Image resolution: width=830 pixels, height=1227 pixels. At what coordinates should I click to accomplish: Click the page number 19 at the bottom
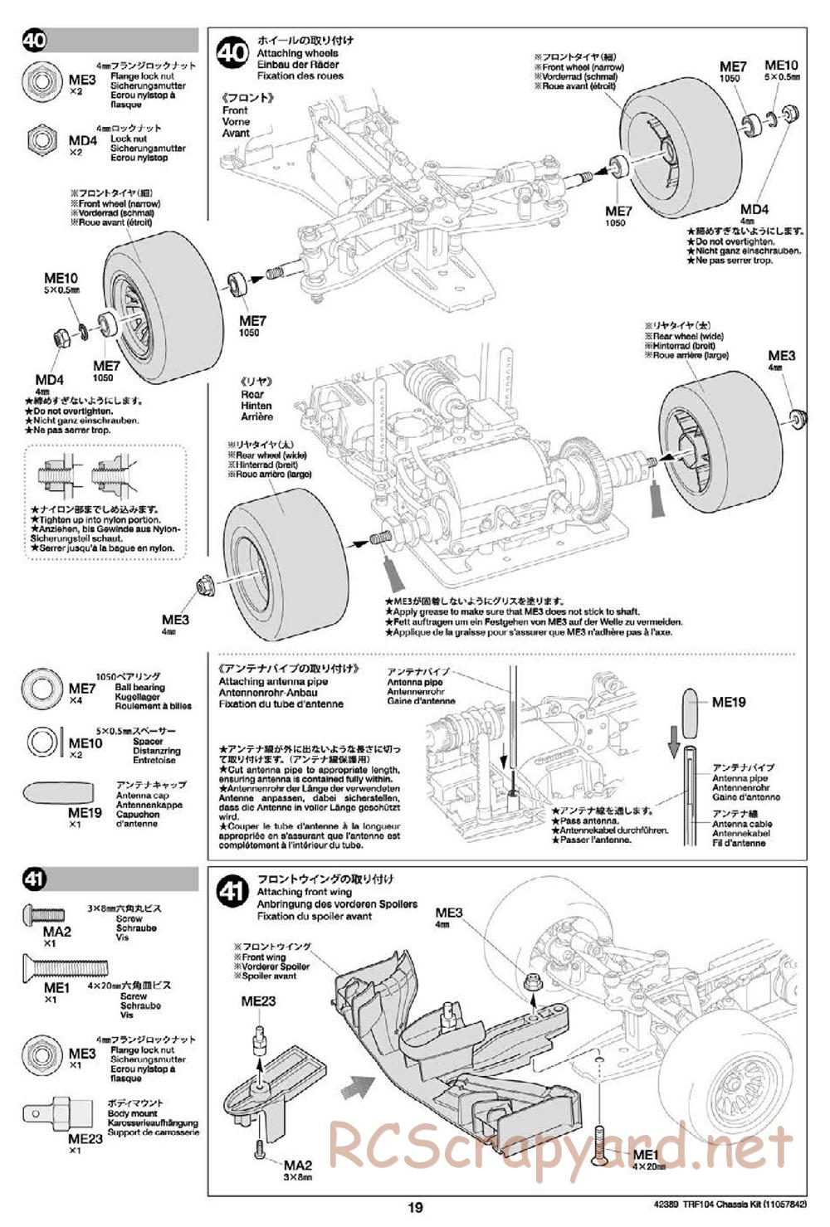[415, 1208]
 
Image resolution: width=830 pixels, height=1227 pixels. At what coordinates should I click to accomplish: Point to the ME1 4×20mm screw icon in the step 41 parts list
[65, 966]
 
